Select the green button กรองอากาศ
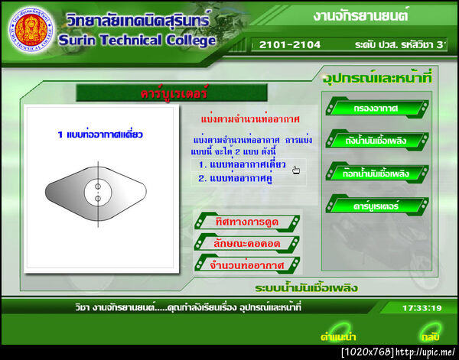click(376, 109)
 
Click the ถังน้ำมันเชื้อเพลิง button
click(376, 141)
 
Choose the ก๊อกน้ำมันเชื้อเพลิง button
click(376, 173)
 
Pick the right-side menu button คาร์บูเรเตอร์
click(376, 205)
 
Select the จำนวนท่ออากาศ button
click(246, 264)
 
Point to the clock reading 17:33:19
click(422, 308)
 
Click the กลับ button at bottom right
click(428, 336)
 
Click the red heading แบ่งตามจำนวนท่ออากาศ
click(238, 121)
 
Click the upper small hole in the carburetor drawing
click(97, 184)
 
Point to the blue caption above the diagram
click(100, 135)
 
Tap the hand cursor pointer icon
click(295, 170)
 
